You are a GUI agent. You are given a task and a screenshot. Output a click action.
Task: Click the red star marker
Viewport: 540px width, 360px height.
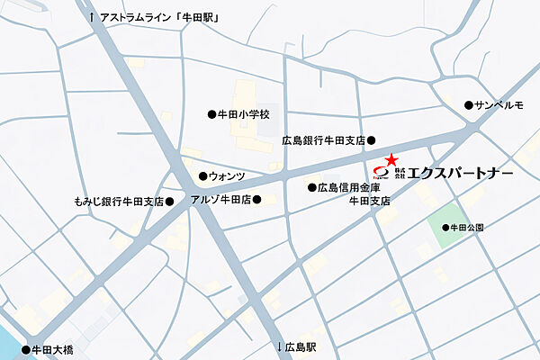click(x=391, y=158)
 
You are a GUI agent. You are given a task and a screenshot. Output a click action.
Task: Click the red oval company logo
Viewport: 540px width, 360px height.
click(x=380, y=171)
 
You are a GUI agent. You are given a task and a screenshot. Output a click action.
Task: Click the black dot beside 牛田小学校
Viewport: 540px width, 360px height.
click(x=211, y=115)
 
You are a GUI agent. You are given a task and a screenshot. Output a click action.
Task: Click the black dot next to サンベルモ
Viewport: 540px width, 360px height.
click(x=468, y=105)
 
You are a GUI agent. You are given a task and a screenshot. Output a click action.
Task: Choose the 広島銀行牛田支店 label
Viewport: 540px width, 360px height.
click(x=322, y=140)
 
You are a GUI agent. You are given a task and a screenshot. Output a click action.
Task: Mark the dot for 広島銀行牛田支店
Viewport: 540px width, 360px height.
click(x=371, y=140)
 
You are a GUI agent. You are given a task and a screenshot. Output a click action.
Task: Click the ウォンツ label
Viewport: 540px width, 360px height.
click(x=226, y=175)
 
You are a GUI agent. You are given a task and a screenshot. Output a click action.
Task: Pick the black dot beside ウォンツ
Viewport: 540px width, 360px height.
click(x=202, y=175)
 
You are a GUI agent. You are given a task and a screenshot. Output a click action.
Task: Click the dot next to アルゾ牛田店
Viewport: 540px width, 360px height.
click(x=256, y=200)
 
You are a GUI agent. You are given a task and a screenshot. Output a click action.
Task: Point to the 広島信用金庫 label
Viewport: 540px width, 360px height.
click(x=350, y=188)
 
